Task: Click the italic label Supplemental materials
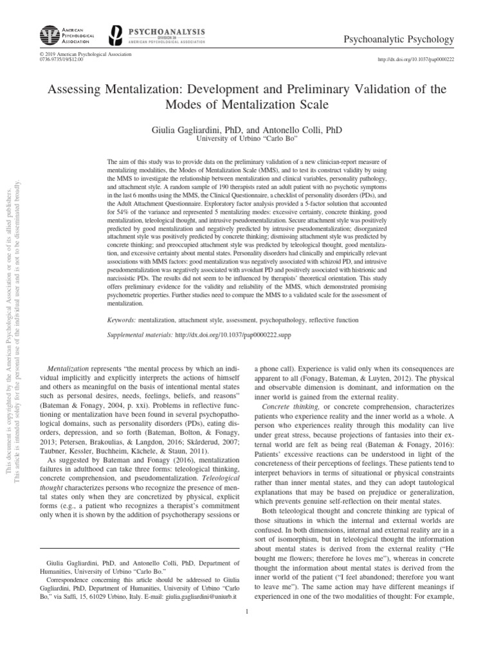[138, 335]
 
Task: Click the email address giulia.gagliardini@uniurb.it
[198, 596]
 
